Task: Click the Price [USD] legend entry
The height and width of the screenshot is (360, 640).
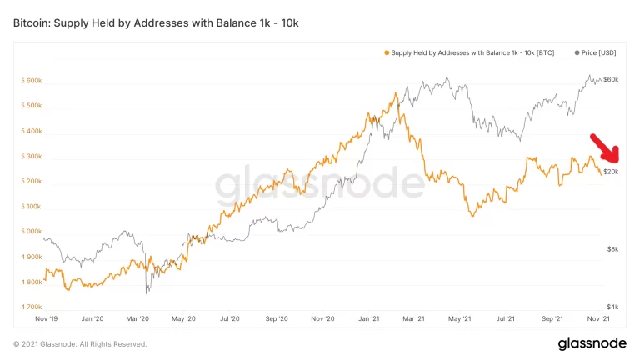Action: (597, 53)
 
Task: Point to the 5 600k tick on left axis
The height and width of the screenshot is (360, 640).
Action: (31, 81)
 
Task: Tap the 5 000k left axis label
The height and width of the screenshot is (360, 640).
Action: (31, 232)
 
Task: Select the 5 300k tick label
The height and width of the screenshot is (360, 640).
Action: (31, 157)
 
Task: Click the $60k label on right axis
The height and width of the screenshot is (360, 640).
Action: (611, 79)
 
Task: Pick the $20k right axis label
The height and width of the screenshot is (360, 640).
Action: (611, 172)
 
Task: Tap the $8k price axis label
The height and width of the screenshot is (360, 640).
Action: (612, 249)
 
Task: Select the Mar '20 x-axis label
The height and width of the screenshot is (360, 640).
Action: (137, 319)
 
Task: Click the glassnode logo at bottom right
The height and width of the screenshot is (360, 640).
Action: (592, 344)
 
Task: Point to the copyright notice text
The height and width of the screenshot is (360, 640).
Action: (80, 344)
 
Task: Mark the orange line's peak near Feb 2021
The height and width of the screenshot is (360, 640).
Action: (395, 92)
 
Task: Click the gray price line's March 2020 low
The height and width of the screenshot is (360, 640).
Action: (147, 292)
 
